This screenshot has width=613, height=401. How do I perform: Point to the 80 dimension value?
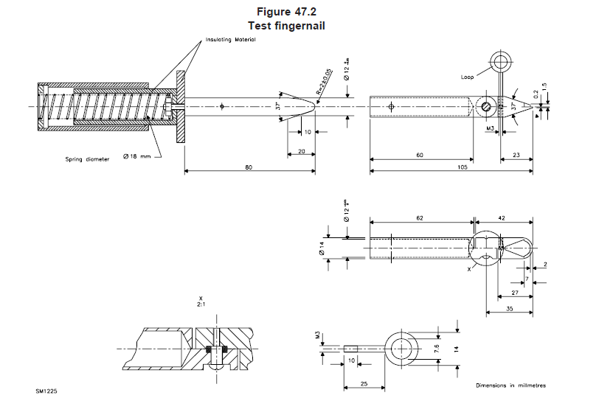tap(249, 167)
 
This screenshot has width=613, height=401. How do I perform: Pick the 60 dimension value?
tap(420, 156)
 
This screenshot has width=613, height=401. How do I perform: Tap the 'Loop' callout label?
tap(467, 76)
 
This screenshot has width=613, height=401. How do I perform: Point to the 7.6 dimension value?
tap(437, 347)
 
